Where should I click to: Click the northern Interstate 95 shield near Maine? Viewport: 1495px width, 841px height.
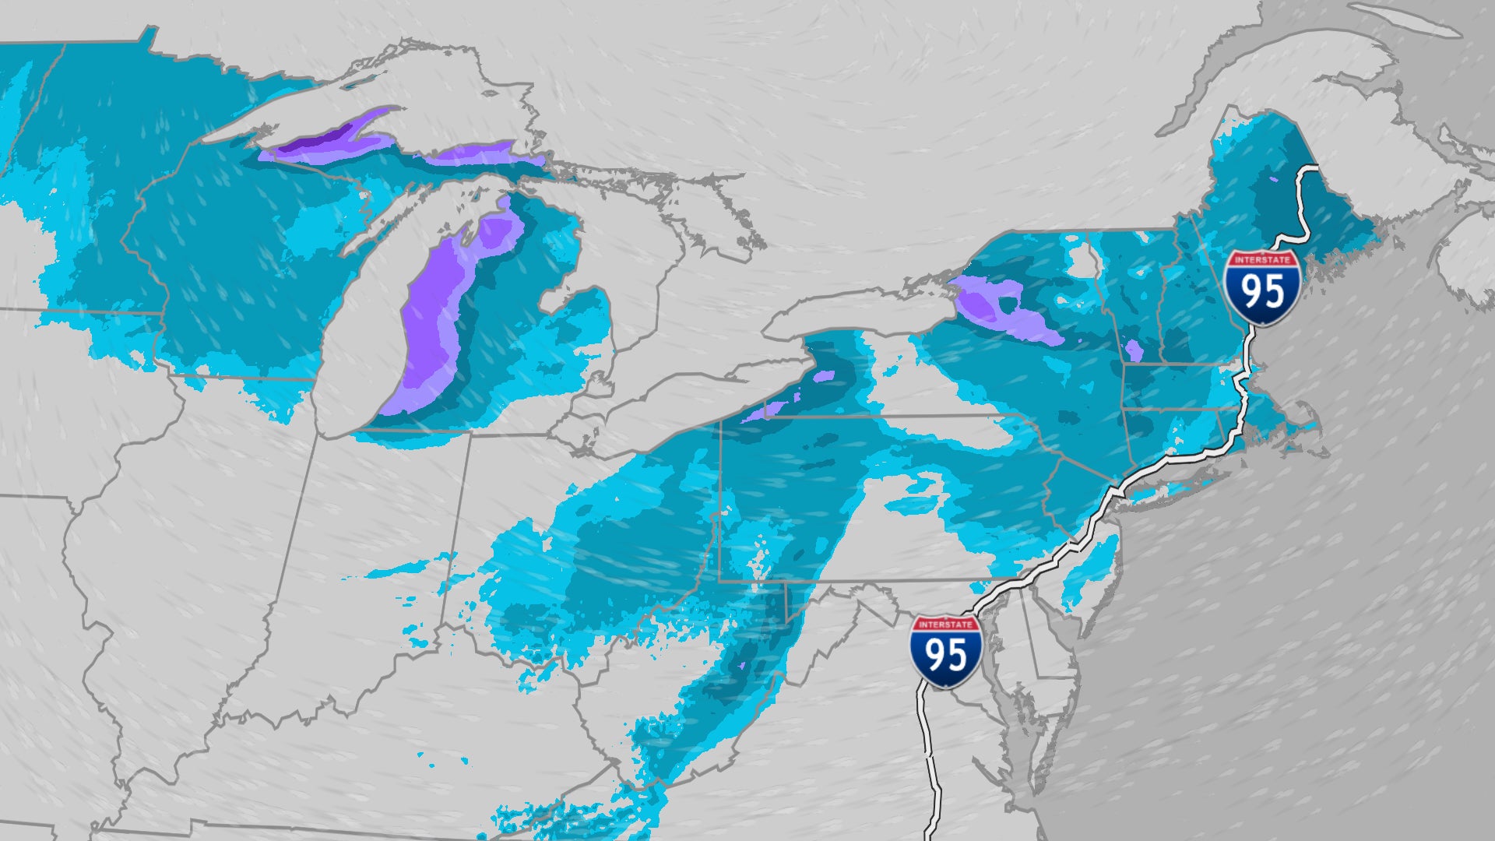coord(1261,287)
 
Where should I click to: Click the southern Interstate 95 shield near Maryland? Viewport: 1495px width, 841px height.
coord(945,651)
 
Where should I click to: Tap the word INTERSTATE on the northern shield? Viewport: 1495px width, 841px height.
coord(1261,259)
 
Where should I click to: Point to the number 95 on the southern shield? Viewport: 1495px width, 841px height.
coord(945,656)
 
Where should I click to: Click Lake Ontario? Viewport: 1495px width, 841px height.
coord(849,315)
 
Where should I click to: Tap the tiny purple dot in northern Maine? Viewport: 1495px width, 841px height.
coord(1274,179)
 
